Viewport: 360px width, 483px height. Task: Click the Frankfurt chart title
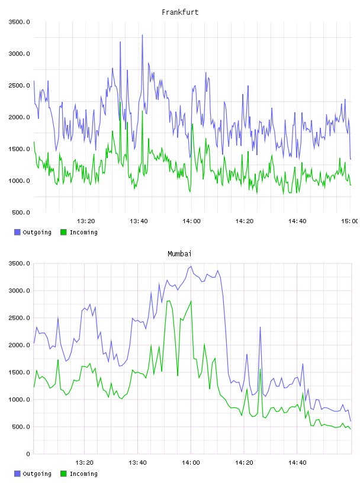pos(180,12)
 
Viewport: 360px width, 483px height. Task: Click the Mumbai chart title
pos(179,254)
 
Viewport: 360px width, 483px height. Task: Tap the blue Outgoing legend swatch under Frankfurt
pos(17,232)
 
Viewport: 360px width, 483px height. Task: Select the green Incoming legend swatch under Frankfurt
pos(63,232)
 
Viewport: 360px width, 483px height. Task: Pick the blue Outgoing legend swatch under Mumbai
pos(17,474)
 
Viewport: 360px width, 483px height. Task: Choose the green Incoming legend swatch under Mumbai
pos(63,474)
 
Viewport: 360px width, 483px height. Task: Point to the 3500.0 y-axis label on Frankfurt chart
pos(19,22)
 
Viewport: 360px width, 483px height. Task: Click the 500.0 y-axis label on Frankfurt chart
pos(21,212)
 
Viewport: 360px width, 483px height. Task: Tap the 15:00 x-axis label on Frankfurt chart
pos(350,221)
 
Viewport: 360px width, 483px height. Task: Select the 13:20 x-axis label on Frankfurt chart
pos(86,221)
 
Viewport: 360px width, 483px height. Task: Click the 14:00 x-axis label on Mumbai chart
pos(191,463)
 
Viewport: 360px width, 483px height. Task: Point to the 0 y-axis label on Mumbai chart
pos(28,454)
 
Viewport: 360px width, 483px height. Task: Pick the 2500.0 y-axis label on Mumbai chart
pos(19,318)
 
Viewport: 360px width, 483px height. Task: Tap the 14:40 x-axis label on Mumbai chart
pos(297,463)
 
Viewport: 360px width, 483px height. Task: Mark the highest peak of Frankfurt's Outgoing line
pos(142,35)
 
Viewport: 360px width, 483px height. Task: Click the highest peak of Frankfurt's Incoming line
pos(120,102)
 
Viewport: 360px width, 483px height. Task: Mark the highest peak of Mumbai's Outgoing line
pos(191,266)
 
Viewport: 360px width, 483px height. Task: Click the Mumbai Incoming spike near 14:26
pos(260,369)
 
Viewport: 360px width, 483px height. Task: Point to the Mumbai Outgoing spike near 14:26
pos(260,327)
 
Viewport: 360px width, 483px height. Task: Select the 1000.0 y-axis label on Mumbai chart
pos(19,400)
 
